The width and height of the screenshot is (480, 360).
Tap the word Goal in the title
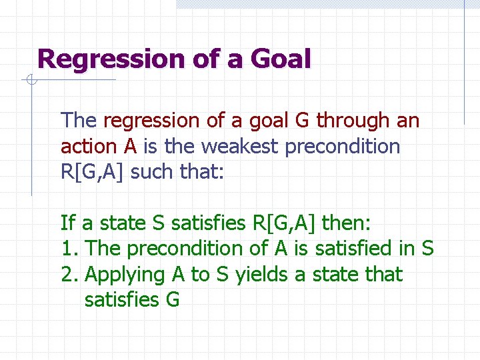click(280, 59)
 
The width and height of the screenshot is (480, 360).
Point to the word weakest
click(235, 146)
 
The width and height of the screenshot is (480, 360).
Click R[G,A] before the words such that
click(93, 172)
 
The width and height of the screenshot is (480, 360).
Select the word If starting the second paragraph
click(67, 222)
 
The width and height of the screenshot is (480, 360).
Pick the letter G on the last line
click(172, 300)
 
